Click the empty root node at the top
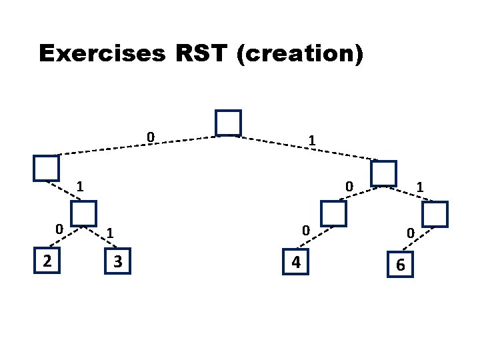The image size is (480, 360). (228, 123)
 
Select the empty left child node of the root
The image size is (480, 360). (47, 168)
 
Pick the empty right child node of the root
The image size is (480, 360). (383, 173)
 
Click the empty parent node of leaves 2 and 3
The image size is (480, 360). (83, 213)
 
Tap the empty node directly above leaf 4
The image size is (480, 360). (333, 213)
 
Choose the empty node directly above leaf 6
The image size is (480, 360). (435, 214)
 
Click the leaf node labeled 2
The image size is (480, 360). (46, 259)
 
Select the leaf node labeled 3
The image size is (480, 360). (118, 261)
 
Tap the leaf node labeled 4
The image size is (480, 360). (296, 262)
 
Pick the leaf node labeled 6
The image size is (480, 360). (399, 265)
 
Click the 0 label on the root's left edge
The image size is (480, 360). (151, 137)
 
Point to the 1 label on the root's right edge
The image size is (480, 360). (311, 141)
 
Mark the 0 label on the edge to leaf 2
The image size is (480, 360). (59, 229)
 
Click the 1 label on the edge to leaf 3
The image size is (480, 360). (110, 233)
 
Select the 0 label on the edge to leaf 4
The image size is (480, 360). (304, 230)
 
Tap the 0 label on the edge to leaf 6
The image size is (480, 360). (411, 233)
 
